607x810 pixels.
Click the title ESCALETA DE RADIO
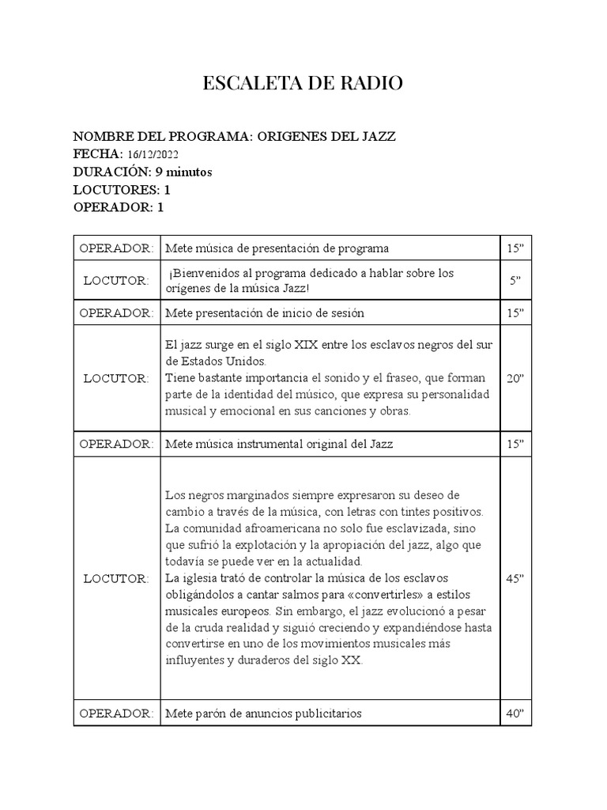click(x=303, y=84)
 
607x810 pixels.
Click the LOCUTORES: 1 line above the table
click(x=121, y=190)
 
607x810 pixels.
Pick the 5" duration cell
click(x=515, y=281)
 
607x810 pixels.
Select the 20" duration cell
click(x=515, y=378)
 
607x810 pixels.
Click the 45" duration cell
click(x=515, y=578)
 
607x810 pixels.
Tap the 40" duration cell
click(x=515, y=713)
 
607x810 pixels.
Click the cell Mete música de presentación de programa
click(x=277, y=248)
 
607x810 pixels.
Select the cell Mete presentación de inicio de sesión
click(x=264, y=313)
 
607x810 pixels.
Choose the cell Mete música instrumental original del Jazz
click(x=278, y=445)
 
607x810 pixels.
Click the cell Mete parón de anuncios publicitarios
click(x=263, y=713)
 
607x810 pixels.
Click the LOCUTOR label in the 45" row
click(x=116, y=578)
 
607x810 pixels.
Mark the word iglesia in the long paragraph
click(x=198, y=578)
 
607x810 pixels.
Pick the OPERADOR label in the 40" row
click(x=116, y=713)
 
